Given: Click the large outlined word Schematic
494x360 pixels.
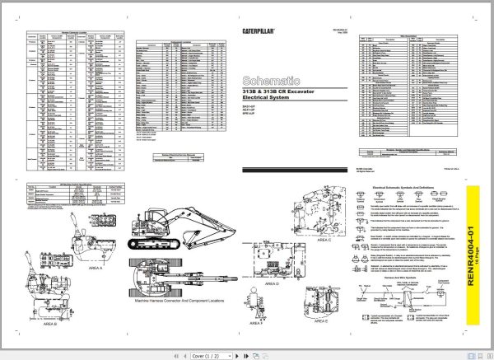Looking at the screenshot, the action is pos(271,81).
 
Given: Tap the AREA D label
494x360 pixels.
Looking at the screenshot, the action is pos(272,282).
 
